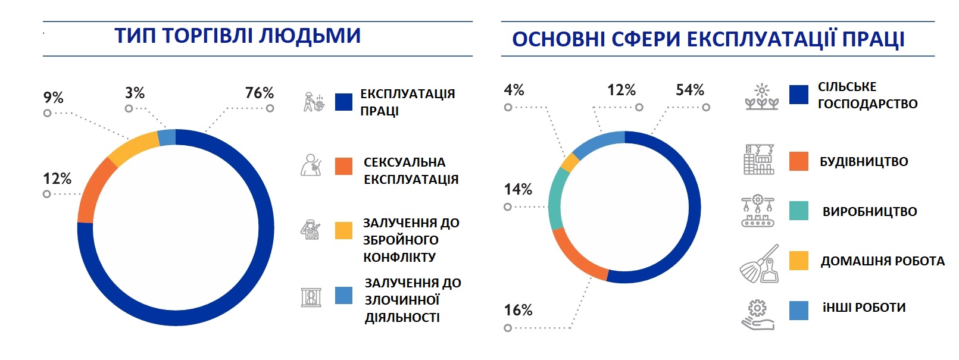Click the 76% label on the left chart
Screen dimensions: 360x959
259,93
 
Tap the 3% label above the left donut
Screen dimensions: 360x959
135,93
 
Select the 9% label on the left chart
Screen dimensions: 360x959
53,98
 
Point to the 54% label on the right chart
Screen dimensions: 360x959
689,90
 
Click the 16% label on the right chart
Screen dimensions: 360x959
518,311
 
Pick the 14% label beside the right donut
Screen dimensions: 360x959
518,190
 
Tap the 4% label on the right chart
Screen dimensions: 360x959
514,90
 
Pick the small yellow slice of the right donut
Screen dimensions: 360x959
570,162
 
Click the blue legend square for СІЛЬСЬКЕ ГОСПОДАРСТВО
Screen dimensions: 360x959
798,95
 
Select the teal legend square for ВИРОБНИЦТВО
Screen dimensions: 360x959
798,211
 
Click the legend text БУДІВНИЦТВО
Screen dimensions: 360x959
863,162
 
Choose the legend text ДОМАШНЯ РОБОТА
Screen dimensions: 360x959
882,261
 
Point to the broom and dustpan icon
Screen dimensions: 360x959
760,264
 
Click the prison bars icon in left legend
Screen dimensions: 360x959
311,297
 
